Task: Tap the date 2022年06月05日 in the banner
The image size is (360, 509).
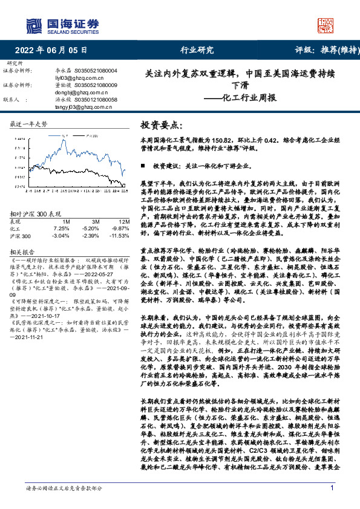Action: click(50, 50)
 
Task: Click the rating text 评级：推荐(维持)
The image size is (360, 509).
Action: click(319, 50)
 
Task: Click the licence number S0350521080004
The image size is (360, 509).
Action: click(100, 71)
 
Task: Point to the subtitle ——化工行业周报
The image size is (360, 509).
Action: click(240, 97)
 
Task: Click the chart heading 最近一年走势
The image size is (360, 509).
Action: click(29, 124)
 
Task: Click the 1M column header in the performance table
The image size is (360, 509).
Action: click(66, 222)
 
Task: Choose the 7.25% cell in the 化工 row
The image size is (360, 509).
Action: click(61, 229)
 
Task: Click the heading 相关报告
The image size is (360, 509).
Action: click(24, 251)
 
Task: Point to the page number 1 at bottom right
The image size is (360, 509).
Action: click(332, 488)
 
